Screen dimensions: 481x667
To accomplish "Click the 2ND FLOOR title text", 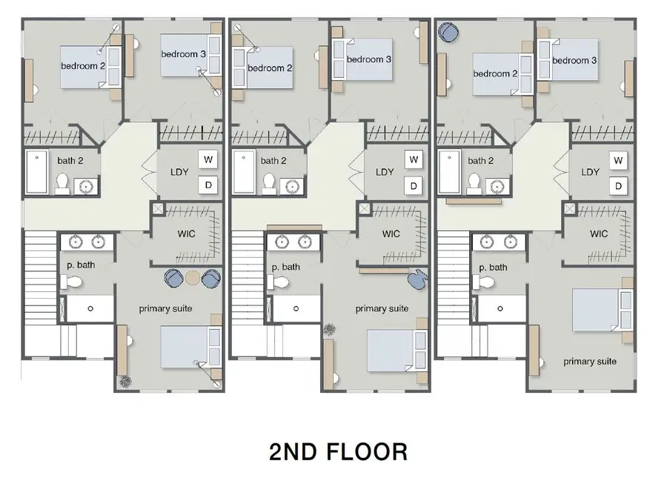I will pos(338,451).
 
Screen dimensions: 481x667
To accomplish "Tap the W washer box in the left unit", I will pos(207,159).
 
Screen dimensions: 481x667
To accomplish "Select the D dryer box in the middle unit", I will pos(413,185).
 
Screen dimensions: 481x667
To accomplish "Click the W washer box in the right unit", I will pos(618,159).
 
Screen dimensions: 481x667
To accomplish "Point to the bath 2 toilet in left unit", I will pos(62,183).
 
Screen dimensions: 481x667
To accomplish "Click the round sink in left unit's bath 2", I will pos(87,185).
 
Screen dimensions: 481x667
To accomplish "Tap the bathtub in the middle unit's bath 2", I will pos(244,172).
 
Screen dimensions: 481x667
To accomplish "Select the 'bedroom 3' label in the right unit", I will pos(574,60).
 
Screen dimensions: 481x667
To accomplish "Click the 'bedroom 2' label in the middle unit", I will pos(270,68).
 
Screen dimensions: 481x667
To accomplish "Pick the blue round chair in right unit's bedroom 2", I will pos(448,32).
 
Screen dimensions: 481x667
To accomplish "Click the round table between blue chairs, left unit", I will pos(193,278).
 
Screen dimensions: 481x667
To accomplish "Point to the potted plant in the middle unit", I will pos(330,328).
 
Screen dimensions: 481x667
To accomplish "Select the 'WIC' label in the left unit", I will pos(185,234).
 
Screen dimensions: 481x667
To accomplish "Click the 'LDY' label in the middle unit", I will pos(385,172).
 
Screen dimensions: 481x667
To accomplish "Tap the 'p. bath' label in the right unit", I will pos(493,267).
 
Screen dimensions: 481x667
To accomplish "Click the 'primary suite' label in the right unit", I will pos(590,362).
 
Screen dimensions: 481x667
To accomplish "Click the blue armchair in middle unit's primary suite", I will pos(418,279).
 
